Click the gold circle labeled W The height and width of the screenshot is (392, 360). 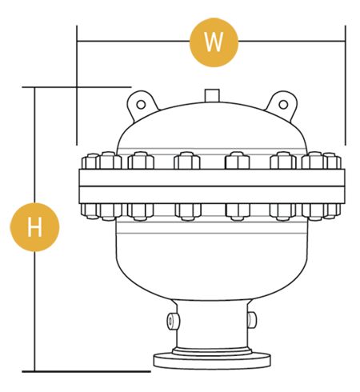(214, 42)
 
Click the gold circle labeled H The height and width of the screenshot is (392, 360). (34, 227)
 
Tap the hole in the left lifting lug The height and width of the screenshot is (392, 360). (141, 105)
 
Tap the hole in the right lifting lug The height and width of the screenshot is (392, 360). (283, 105)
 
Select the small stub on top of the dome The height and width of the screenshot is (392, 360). (212, 95)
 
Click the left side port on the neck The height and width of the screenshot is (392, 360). (173, 320)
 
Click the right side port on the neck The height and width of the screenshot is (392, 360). (252, 320)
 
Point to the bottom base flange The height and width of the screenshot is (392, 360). (212, 361)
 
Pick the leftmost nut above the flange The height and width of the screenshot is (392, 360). (90, 161)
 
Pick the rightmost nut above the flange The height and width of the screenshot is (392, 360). (332, 161)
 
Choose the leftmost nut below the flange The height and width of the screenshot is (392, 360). (90, 211)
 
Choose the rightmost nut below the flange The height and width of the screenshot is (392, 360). (332, 211)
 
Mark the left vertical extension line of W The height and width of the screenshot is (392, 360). (77, 86)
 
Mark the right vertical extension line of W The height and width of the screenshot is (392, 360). (346, 86)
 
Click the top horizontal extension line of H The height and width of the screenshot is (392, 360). (77, 87)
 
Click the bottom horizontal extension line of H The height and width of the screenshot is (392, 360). (86, 371)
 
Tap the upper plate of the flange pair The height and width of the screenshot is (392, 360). (212, 178)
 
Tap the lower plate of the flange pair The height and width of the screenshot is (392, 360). (212, 195)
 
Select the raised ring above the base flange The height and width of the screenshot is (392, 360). (212, 351)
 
